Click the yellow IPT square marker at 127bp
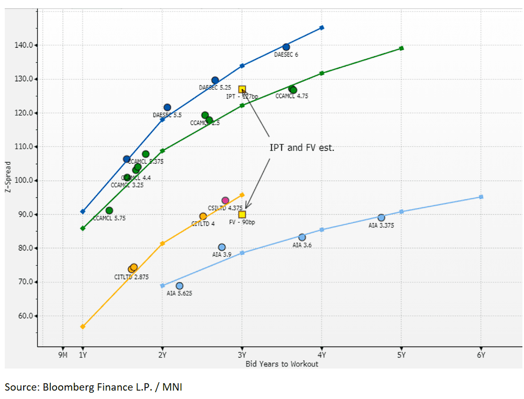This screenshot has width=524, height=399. (242, 90)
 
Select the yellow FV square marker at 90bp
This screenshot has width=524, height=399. (242, 214)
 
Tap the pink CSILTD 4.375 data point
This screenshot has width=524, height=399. (225, 201)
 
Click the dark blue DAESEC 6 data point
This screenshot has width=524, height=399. (286, 47)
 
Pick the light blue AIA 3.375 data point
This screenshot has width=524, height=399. (381, 218)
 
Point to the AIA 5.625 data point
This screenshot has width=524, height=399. (179, 286)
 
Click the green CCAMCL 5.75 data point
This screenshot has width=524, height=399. (109, 211)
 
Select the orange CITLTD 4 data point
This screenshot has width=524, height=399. (203, 216)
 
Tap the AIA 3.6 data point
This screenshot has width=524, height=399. (302, 237)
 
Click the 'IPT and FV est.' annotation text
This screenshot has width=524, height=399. (302, 148)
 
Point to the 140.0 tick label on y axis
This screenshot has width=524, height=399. (24, 45)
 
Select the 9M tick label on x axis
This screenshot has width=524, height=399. (63, 355)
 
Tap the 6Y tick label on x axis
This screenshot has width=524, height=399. (481, 355)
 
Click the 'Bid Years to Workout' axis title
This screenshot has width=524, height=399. (282, 364)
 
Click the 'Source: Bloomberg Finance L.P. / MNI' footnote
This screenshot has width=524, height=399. (94, 387)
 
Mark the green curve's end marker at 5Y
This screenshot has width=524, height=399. (401, 48)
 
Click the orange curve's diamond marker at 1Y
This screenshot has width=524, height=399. (83, 327)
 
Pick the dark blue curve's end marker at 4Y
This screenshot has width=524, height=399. (322, 28)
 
